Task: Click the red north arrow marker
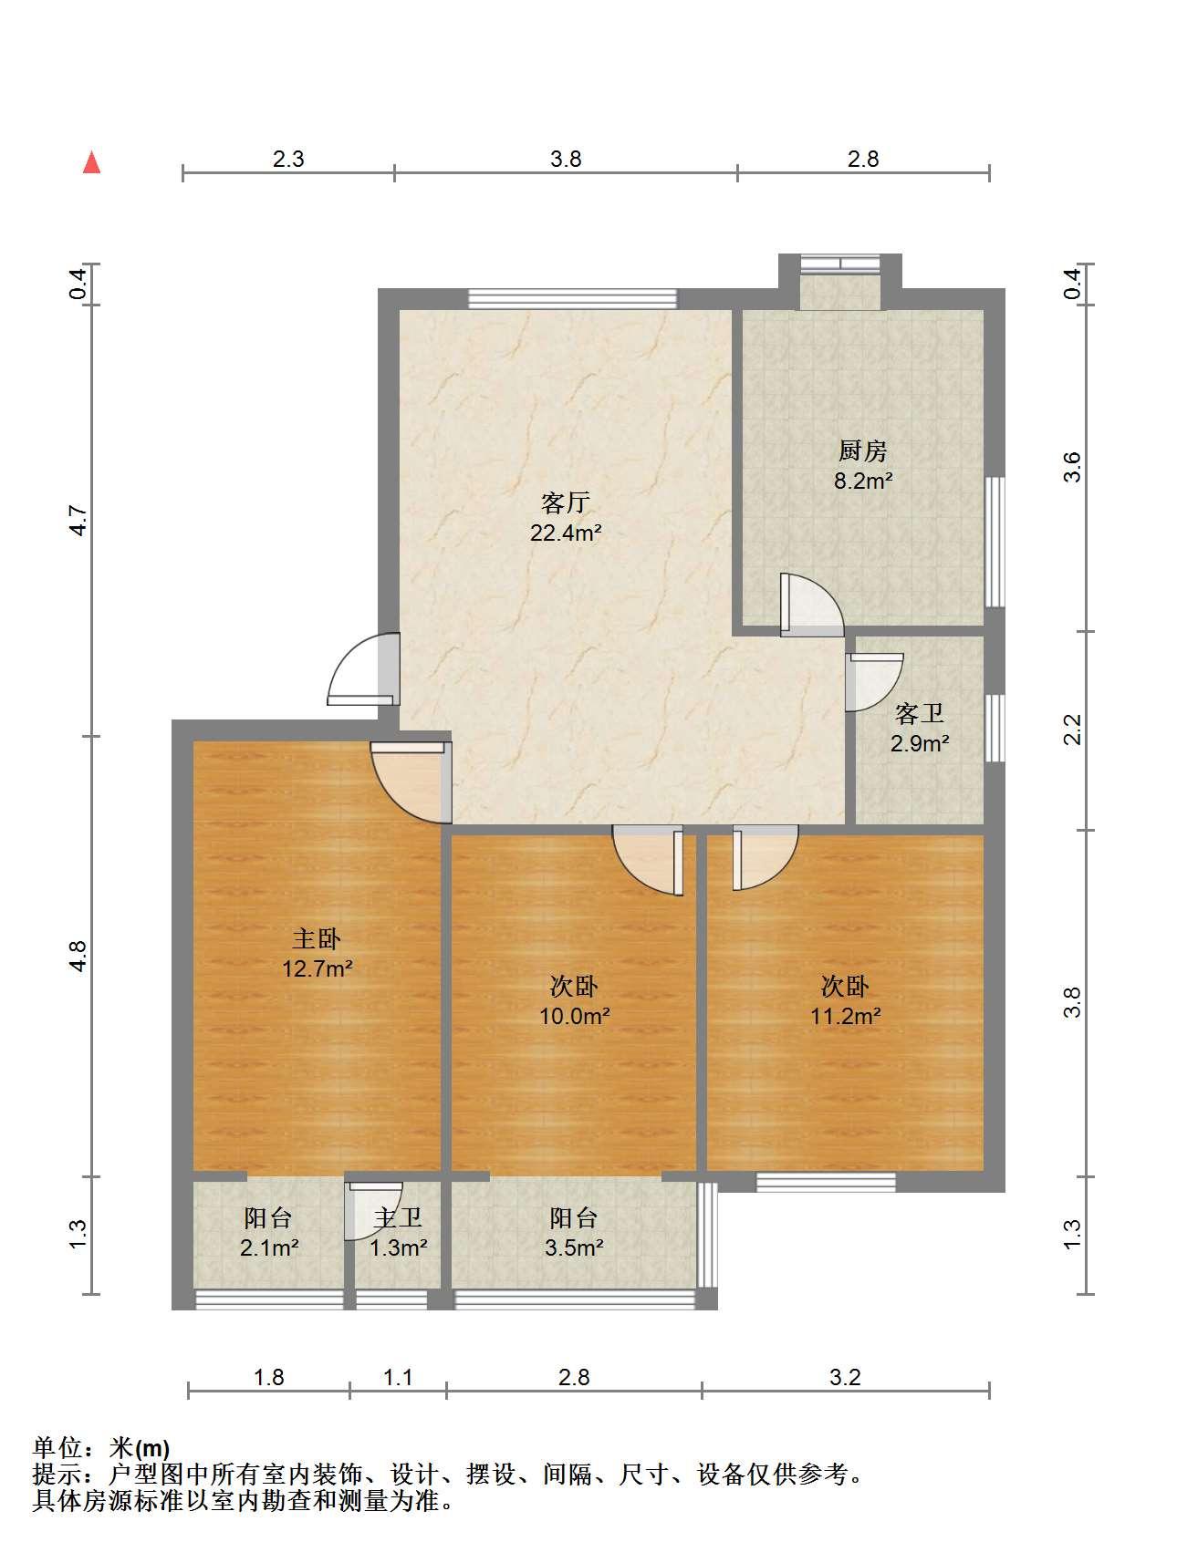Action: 91,162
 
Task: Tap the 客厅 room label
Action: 565,502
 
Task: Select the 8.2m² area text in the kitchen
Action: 862,481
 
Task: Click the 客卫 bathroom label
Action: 919,713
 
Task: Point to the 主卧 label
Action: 317,938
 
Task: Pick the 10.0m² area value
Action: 574,1016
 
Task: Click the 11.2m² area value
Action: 845,1016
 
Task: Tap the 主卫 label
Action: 398,1217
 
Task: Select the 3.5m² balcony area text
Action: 574,1247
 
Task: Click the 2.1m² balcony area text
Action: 269,1247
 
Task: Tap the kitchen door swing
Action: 812,604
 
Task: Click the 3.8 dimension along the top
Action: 566,160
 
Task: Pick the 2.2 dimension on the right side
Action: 1073,730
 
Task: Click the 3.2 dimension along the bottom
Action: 845,1377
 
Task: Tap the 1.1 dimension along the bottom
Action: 398,1377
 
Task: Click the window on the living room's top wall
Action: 573,298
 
